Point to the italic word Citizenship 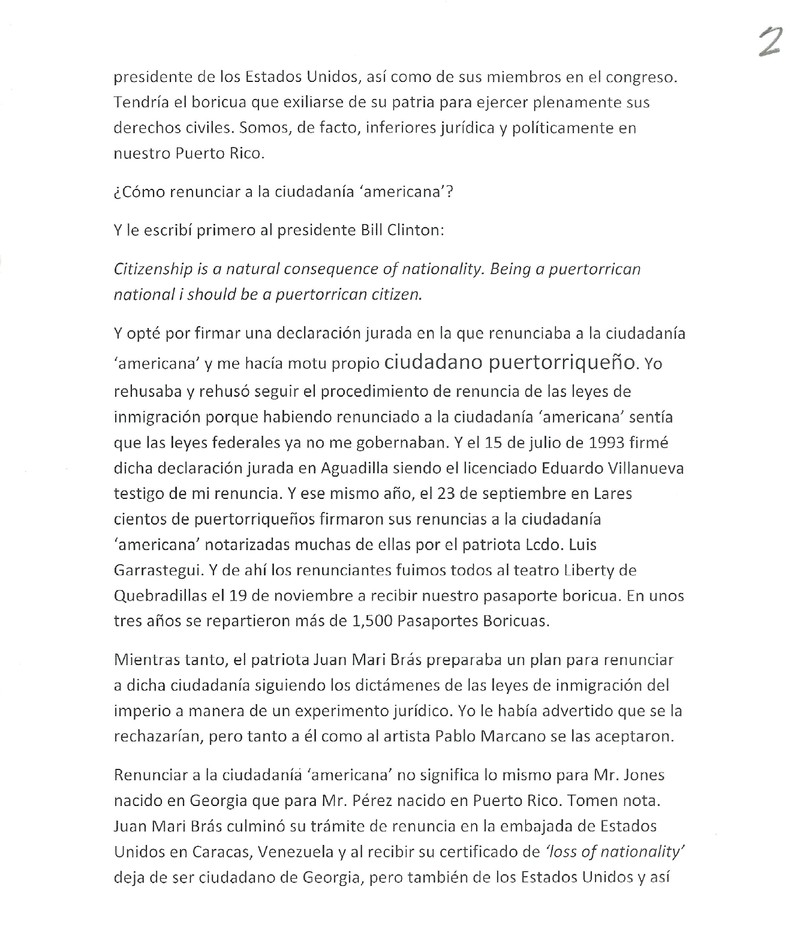(x=153, y=270)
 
